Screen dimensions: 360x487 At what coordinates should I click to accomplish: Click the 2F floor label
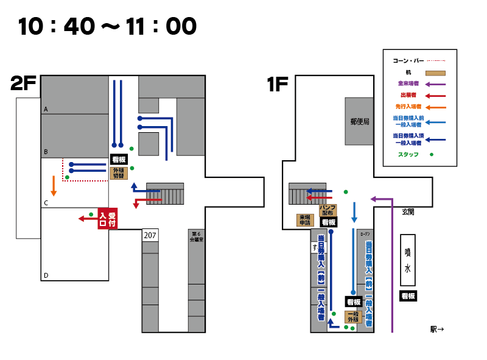click(x=24, y=84)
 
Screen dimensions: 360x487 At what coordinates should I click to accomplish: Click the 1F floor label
click(x=277, y=84)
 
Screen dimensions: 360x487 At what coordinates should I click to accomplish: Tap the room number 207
click(x=150, y=235)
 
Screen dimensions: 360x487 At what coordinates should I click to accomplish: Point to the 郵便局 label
click(x=360, y=121)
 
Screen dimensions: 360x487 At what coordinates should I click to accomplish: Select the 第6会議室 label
click(x=196, y=236)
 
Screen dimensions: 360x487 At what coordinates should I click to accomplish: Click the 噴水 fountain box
click(x=408, y=259)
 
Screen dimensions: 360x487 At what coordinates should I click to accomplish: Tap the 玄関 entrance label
click(x=408, y=212)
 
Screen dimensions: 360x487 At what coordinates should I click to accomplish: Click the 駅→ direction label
click(x=437, y=330)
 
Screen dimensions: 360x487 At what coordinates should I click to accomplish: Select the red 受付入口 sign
click(x=107, y=219)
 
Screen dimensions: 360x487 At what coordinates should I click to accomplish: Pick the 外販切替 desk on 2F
click(x=119, y=172)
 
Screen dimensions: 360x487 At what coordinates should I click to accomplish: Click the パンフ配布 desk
click(x=328, y=210)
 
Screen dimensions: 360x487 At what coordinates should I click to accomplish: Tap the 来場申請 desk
click(x=304, y=220)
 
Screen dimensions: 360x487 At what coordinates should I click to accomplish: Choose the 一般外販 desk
click(x=354, y=317)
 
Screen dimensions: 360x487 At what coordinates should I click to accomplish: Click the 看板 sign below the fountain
click(x=408, y=296)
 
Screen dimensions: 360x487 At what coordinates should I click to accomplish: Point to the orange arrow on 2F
click(x=54, y=186)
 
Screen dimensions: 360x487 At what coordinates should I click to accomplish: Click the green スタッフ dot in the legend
click(x=432, y=154)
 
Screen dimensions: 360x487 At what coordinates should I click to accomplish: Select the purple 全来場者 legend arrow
click(x=435, y=84)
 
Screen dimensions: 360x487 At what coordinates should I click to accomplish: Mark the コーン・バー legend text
click(x=408, y=61)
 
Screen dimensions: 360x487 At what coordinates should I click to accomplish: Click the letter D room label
click(x=46, y=276)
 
